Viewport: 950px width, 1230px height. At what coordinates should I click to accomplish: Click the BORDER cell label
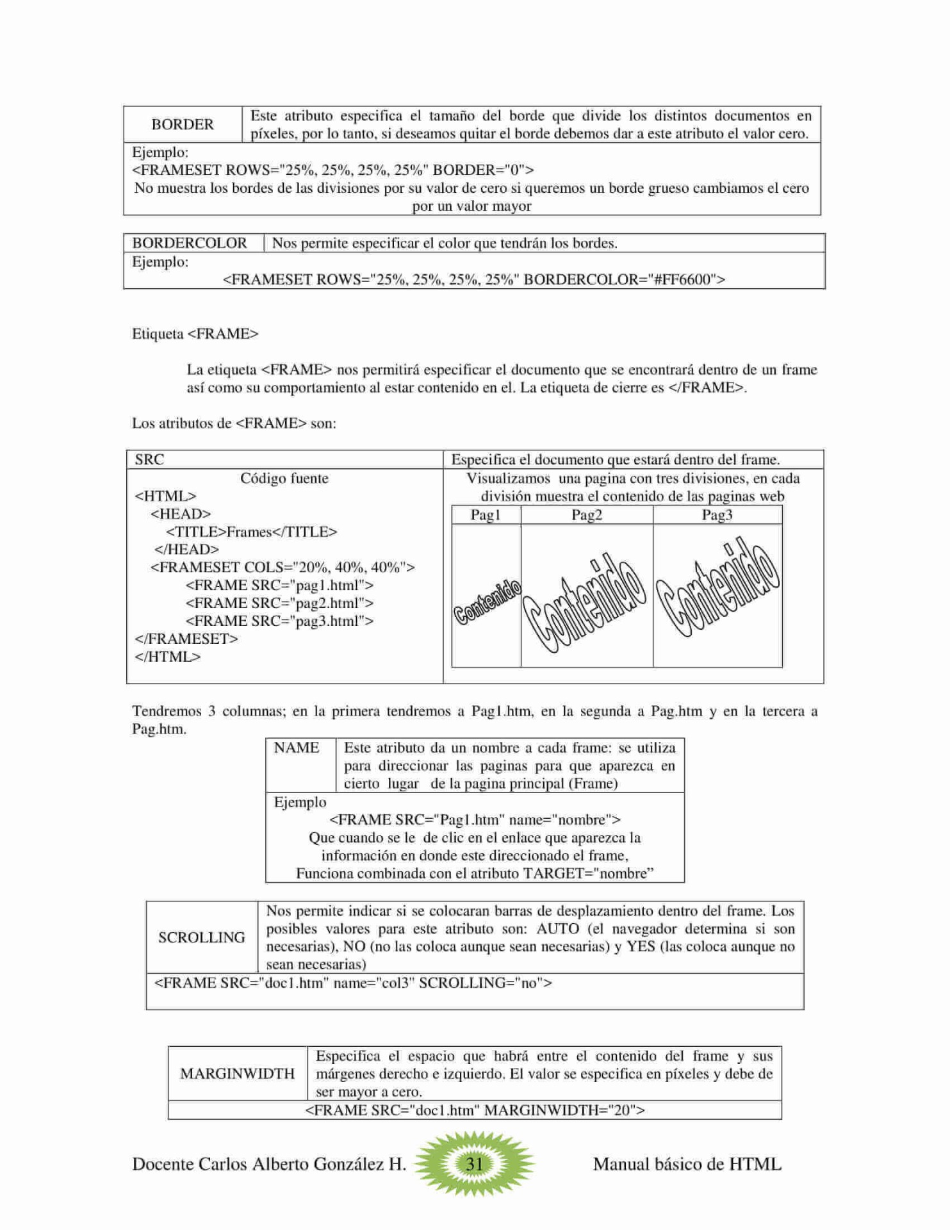click(183, 124)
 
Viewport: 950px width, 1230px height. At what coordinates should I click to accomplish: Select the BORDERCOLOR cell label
click(190, 243)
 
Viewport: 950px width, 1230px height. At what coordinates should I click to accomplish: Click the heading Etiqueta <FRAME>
click(195, 334)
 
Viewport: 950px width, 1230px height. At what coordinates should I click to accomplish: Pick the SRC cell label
click(149, 460)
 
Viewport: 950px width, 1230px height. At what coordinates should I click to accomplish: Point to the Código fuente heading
click(284, 479)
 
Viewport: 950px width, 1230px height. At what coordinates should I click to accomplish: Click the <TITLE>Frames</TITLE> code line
click(252, 532)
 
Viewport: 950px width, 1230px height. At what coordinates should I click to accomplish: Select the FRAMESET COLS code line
click(283, 568)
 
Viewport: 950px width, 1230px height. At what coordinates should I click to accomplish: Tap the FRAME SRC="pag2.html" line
click(279, 603)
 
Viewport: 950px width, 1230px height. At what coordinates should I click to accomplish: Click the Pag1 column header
click(486, 515)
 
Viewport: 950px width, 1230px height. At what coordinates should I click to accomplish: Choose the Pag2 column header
click(587, 515)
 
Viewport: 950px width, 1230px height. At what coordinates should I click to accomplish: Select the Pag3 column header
click(717, 515)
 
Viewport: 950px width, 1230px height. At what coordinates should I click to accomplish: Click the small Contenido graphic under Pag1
click(487, 602)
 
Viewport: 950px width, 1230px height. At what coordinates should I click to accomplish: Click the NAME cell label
click(297, 748)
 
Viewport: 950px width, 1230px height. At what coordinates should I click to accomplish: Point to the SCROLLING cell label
click(202, 938)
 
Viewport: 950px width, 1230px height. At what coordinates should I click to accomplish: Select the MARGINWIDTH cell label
click(238, 1074)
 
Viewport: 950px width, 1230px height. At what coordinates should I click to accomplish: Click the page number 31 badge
click(474, 1164)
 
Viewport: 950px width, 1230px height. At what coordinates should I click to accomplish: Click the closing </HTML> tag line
click(168, 657)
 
